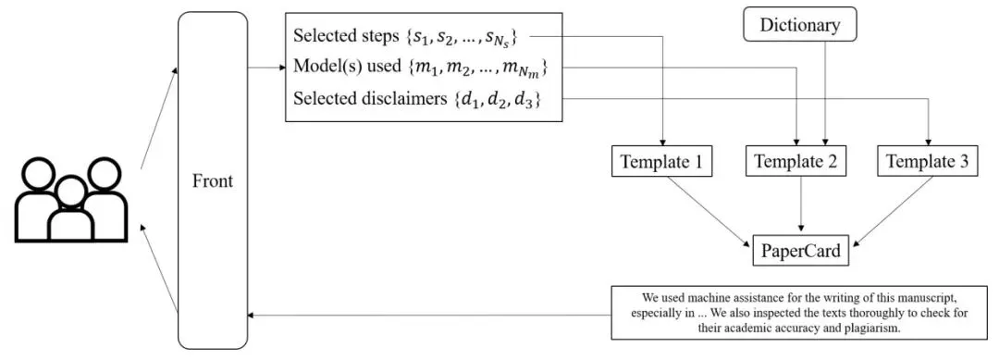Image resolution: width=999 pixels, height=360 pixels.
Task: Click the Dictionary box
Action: tap(799, 25)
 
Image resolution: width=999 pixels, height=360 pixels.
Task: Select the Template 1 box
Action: tap(661, 162)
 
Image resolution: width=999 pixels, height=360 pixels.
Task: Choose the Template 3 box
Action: tap(928, 162)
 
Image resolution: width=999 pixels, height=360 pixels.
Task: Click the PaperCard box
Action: tap(801, 251)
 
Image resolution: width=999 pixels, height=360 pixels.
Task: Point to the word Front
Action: tap(213, 181)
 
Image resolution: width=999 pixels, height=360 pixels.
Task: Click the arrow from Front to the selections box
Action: tap(266, 68)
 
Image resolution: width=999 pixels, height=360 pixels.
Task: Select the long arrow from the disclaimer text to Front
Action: tap(429, 316)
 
